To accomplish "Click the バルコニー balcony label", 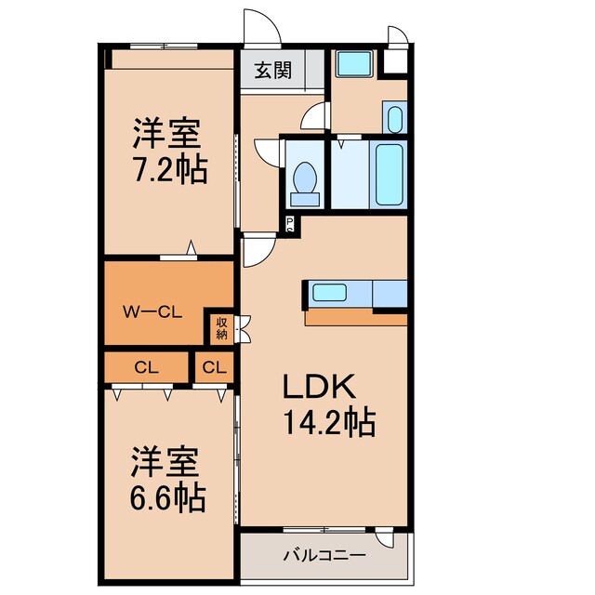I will (323, 556).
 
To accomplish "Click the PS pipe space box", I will (290, 223).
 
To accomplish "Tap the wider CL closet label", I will (147, 366).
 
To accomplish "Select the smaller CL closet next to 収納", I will (214, 366).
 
